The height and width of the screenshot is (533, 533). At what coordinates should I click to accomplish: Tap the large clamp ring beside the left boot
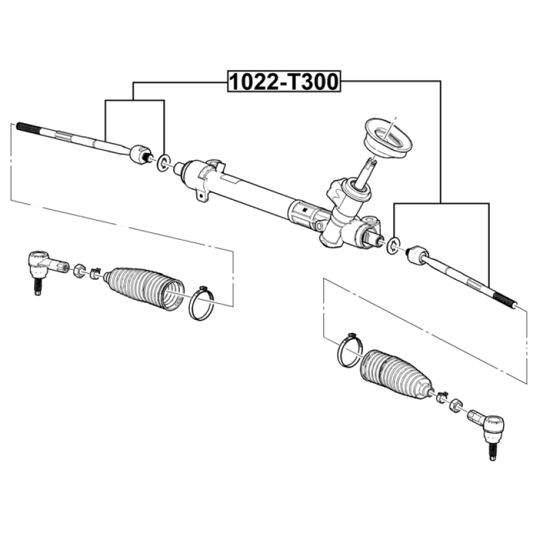point(201,303)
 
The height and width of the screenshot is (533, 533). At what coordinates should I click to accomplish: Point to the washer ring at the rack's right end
point(393,245)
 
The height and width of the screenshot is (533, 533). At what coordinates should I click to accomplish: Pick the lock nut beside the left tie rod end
point(79,270)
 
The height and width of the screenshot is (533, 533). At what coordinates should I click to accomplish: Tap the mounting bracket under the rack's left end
point(201,195)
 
